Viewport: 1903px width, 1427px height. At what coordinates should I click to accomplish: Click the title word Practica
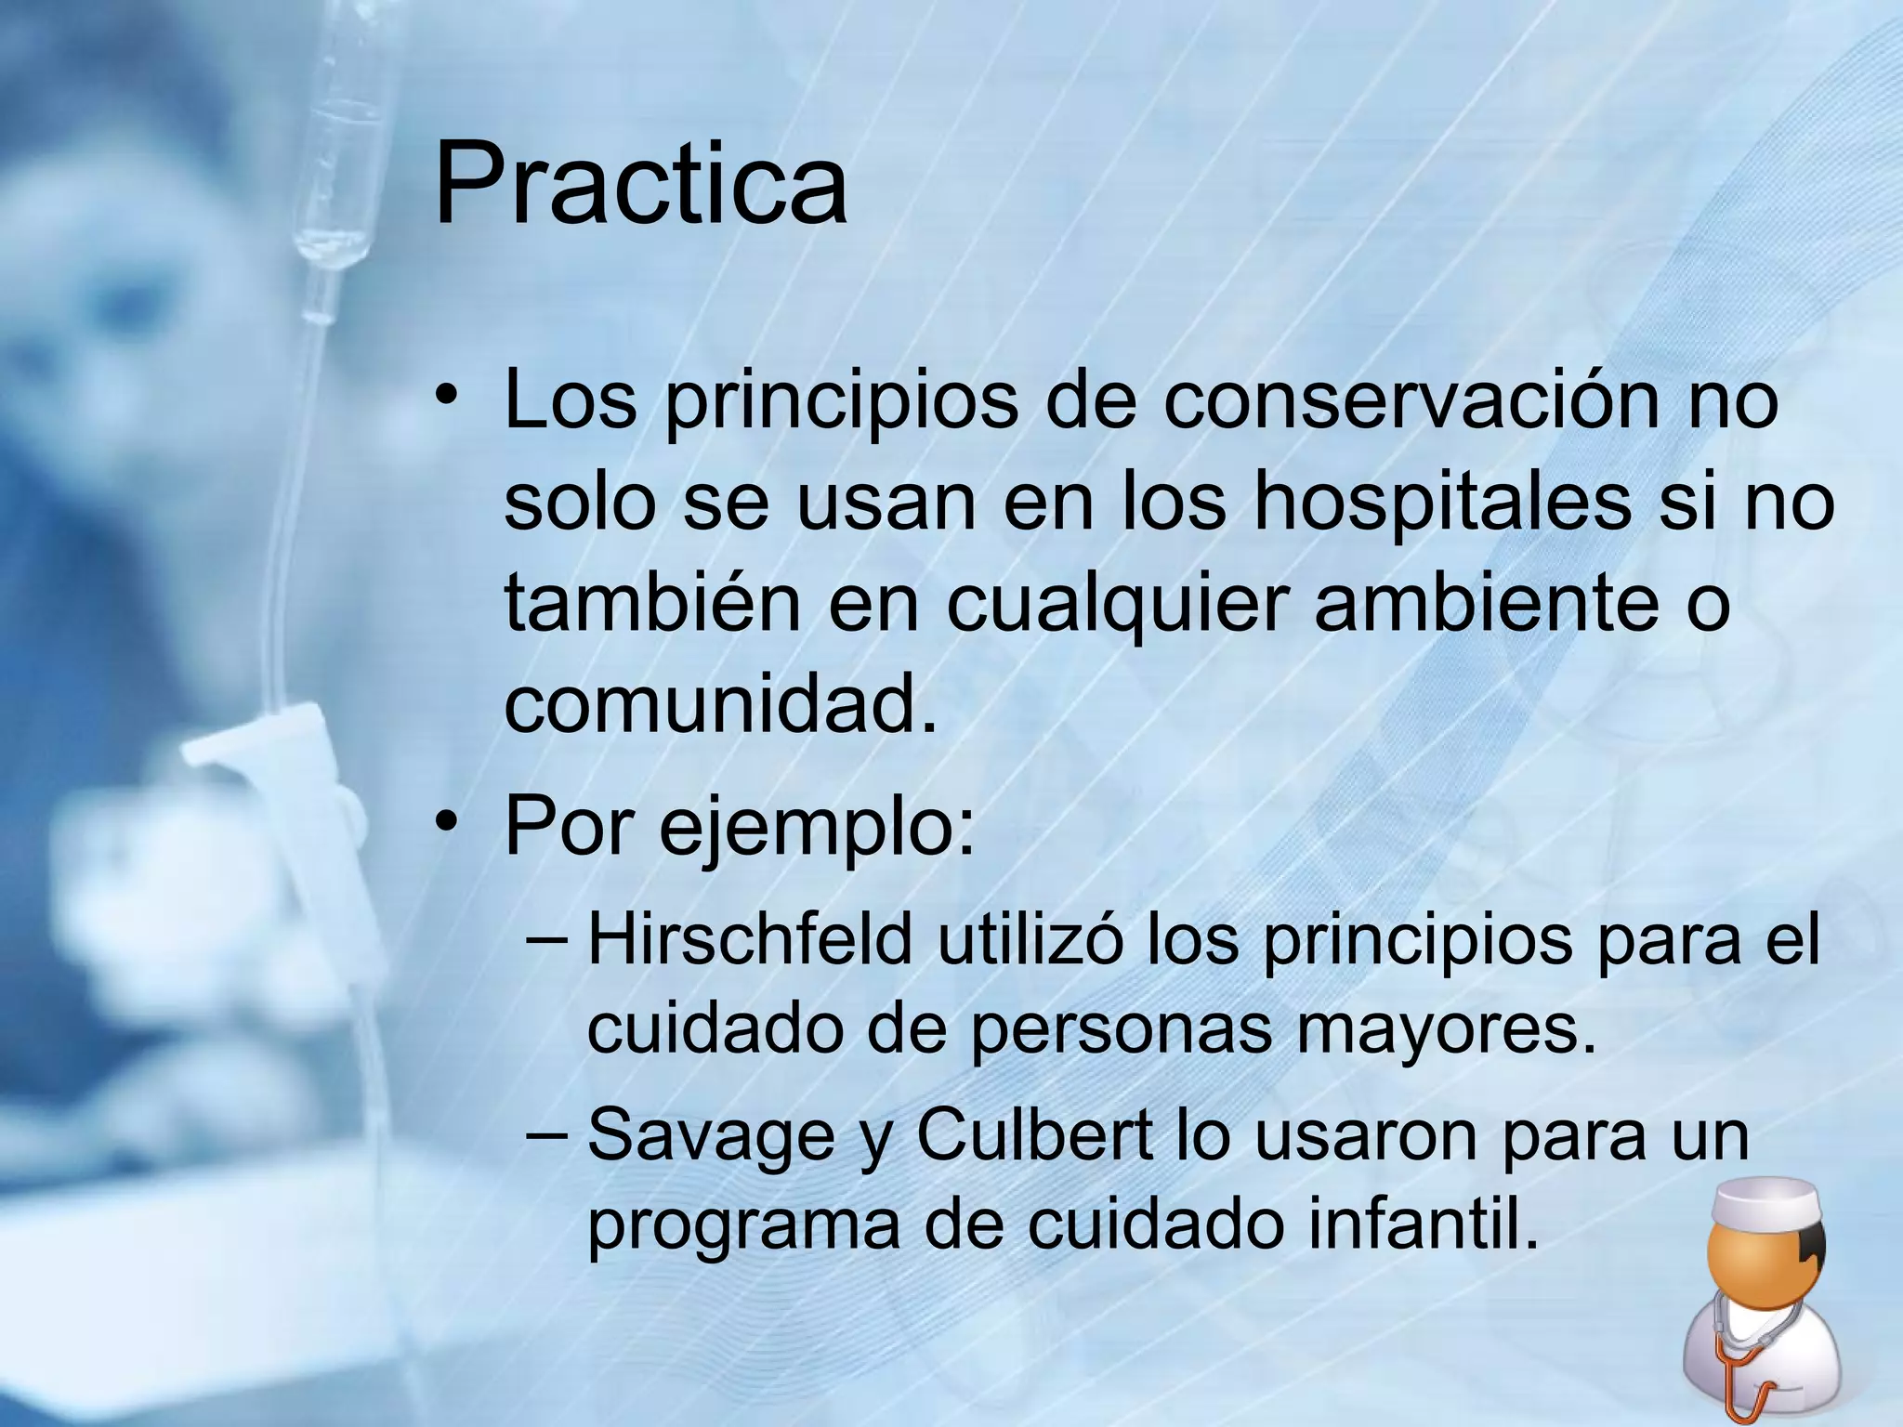click(x=640, y=182)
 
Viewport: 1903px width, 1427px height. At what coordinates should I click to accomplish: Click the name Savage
click(x=712, y=1136)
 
